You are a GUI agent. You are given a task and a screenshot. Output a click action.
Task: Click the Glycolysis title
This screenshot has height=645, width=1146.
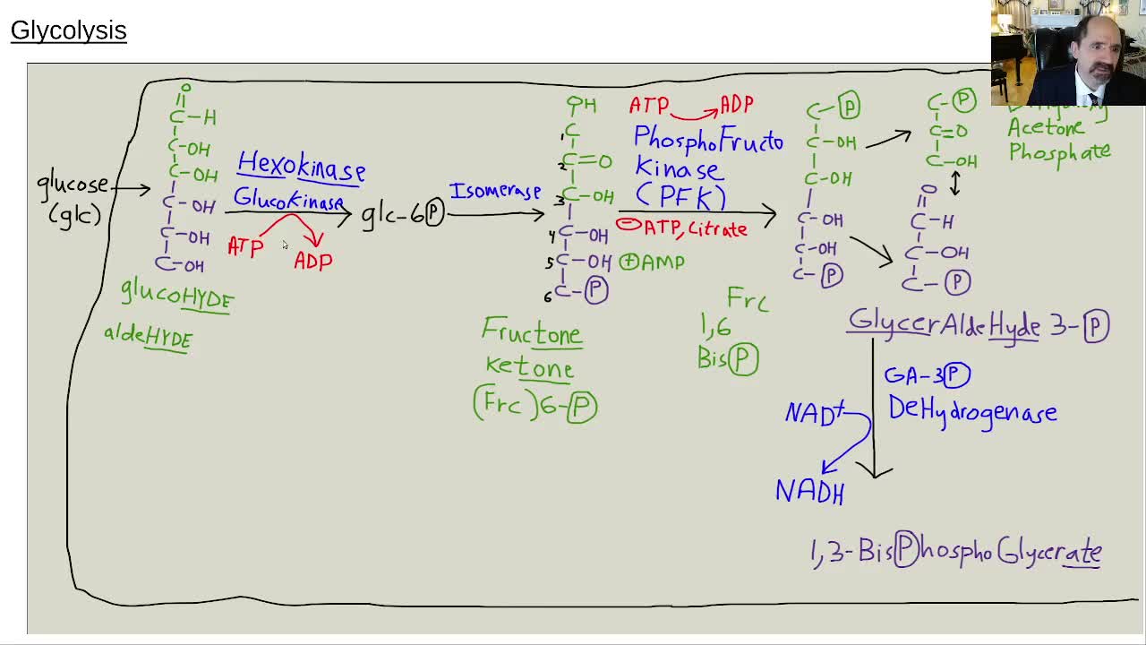click(x=69, y=30)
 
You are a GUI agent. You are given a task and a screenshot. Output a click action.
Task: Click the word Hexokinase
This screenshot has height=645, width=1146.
click(x=301, y=167)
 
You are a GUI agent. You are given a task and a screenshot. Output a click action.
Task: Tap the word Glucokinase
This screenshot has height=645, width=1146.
click(x=288, y=200)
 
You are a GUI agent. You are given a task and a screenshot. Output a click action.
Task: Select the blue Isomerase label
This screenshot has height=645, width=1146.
click(x=495, y=192)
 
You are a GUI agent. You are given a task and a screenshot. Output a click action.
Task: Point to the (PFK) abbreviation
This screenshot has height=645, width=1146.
click(x=680, y=195)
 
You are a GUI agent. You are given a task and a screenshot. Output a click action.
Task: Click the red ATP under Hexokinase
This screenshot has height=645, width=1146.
click(x=245, y=246)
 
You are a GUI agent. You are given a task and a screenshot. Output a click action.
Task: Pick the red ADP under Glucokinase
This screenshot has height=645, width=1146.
click(x=313, y=261)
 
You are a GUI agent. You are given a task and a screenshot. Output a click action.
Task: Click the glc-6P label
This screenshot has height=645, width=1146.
click(x=403, y=214)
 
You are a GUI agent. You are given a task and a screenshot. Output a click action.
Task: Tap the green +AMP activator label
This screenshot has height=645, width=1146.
click(x=653, y=262)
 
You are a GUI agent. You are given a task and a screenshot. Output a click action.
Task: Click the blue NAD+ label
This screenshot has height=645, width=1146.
click(x=814, y=413)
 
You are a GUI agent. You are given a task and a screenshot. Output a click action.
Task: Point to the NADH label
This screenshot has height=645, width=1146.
click(x=809, y=491)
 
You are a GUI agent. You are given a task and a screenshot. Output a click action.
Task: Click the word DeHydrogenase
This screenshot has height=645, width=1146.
click(x=972, y=411)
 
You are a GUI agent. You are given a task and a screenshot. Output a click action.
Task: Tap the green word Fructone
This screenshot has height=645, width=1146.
click(x=532, y=332)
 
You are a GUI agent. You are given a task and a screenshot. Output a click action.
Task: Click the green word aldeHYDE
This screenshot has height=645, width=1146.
click(x=149, y=337)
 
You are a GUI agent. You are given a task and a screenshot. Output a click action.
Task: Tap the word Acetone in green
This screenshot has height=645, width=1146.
click(x=1046, y=128)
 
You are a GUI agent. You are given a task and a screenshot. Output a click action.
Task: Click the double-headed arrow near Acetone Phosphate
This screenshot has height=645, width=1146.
click(x=955, y=183)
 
